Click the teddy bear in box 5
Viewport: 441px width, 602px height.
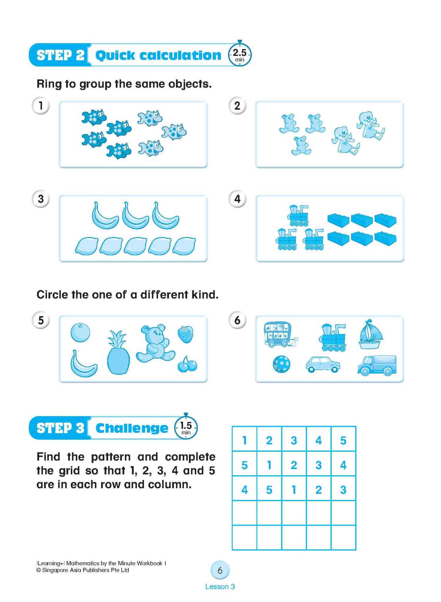click(155, 344)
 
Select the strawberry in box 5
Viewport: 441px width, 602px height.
click(186, 334)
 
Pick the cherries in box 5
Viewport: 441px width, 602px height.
click(187, 364)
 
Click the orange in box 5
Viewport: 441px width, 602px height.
click(80, 332)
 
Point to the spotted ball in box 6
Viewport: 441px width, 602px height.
click(281, 364)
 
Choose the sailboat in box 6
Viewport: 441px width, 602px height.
click(370, 335)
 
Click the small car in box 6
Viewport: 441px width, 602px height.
click(323, 364)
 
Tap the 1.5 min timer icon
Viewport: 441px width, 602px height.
click(186, 427)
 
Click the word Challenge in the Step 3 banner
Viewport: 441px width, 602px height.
click(132, 428)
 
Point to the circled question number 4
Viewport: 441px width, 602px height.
click(237, 199)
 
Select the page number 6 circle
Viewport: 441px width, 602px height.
click(220, 570)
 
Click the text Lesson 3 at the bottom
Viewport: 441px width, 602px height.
click(220, 587)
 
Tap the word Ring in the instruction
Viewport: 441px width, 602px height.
click(49, 84)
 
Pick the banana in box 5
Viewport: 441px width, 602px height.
click(83, 364)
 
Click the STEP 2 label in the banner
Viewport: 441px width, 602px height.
click(60, 55)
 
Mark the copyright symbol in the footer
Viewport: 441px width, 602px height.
click(38, 570)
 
